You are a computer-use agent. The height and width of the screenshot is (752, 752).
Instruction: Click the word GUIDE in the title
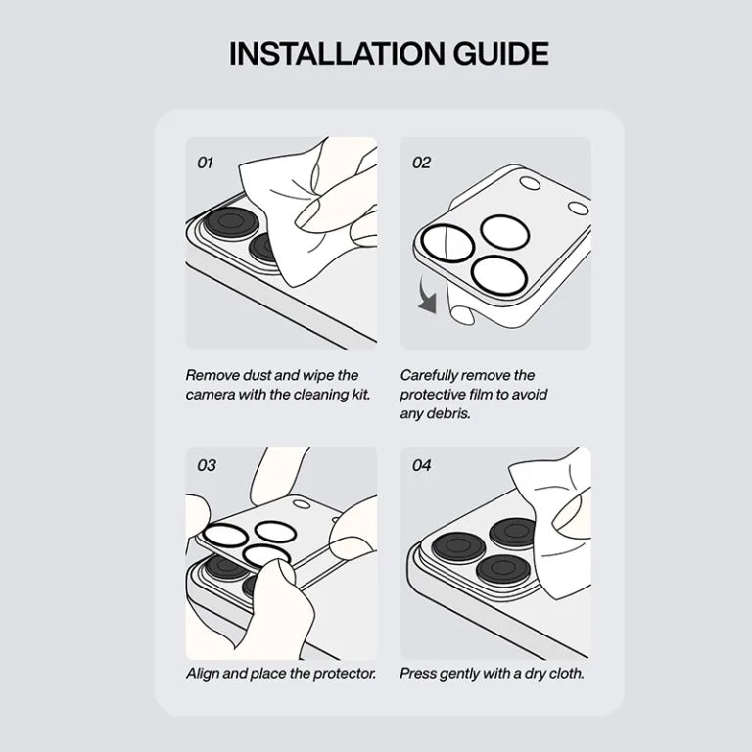click(x=501, y=53)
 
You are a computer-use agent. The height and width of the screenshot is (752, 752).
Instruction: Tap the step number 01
click(x=205, y=164)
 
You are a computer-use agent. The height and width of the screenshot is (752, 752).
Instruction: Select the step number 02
click(x=421, y=164)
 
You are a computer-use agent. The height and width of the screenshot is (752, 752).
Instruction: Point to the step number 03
click(x=207, y=465)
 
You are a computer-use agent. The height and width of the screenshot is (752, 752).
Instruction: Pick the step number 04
click(x=421, y=465)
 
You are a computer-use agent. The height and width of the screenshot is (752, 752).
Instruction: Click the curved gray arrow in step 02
click(x=426, y=294)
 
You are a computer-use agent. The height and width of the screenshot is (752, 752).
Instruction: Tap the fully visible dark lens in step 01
click(x=231, y=223)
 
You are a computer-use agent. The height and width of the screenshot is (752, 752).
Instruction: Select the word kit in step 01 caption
click(x=360, y=395)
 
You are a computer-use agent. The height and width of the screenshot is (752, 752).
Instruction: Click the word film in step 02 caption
click(x=479, y=395)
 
